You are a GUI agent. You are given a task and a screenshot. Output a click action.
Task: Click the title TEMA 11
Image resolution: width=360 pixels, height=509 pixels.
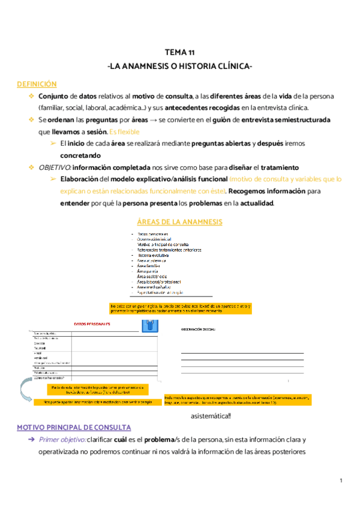coord(179,52)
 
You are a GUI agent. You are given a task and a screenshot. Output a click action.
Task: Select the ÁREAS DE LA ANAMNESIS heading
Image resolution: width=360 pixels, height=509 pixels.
coord(179,222)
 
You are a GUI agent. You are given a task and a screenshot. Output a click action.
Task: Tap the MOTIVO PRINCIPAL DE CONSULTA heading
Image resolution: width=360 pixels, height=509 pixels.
coord(74,427)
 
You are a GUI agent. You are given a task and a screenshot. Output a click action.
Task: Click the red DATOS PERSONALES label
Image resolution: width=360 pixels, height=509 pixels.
coord(92,324)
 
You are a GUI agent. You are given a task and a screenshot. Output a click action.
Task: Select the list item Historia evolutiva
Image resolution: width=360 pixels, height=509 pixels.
coord(153,255)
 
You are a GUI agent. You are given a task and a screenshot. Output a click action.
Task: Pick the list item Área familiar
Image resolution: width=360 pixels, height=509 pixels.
coord(150,266)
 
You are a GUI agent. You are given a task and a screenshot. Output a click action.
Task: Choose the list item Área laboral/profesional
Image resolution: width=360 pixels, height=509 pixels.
coord(159,282)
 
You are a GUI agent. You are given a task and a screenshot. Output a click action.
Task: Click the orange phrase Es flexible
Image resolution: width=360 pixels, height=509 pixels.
coord(125,131)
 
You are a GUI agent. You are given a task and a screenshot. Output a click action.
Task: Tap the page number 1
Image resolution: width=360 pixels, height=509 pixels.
coord(340,480)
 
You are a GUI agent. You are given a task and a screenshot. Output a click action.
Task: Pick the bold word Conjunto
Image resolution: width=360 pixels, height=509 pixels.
coord(53,96)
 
